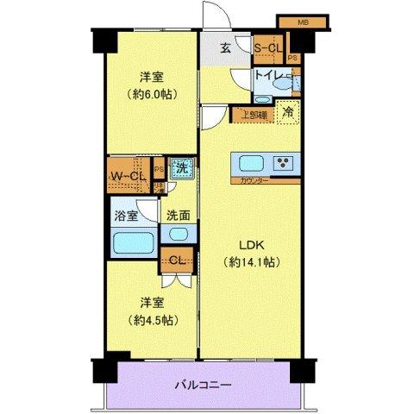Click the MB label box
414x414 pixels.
[304, 21]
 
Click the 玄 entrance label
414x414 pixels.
[223, 49]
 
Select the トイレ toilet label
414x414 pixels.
[269, 77]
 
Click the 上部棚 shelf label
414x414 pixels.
[253, 113]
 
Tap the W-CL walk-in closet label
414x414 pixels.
[126, 179]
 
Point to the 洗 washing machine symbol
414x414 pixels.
[181, 170]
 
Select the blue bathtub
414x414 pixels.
[134, 241]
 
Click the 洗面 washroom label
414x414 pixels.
[179, 216]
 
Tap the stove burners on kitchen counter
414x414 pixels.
[282, 162]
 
